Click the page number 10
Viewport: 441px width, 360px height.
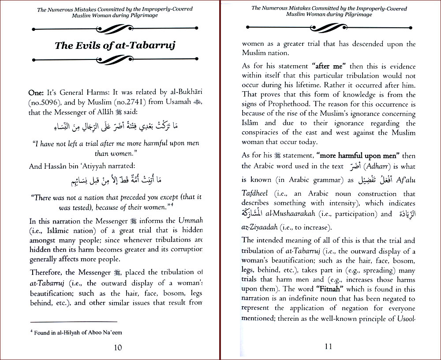click(118, 347)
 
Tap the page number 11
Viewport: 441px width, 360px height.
click(328, 346)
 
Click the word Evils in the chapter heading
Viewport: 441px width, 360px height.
click(93, 45)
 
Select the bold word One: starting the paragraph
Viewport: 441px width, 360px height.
click(37, 93)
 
